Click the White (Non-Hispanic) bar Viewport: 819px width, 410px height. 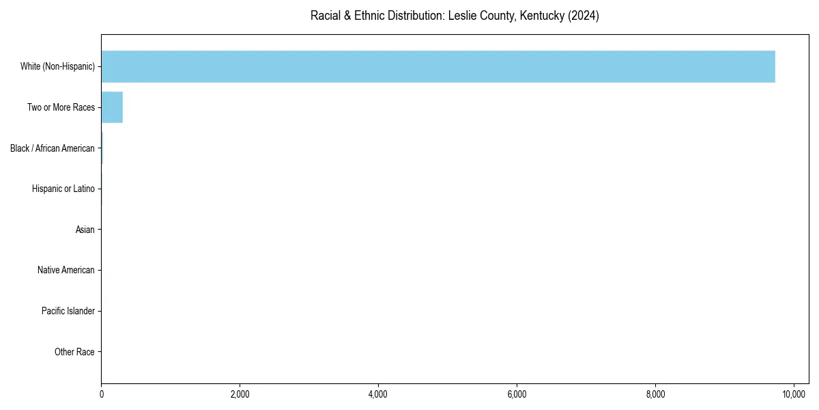point(437,66)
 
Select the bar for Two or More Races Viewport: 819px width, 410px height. point(112,107)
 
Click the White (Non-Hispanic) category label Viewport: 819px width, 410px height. point(57,66)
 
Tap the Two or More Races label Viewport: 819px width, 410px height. point(61,107)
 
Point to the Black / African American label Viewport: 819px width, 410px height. point(53,148)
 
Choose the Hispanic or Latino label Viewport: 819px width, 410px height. point(63,189)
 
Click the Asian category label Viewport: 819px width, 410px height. point(85,230)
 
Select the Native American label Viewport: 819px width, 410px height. point(66,271)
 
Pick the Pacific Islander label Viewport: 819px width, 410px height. point(68,312)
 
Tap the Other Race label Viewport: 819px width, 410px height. point(74,353)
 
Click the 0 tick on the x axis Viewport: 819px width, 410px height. point(102,394)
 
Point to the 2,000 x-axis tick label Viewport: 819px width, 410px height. point(240,394)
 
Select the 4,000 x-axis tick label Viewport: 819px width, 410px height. point(378,394)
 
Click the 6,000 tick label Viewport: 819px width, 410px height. point(517,394)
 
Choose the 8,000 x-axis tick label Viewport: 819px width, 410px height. point(655,394)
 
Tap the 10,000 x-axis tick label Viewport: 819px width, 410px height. point(794,394)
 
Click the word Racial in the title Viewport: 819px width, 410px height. point(325,16)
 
